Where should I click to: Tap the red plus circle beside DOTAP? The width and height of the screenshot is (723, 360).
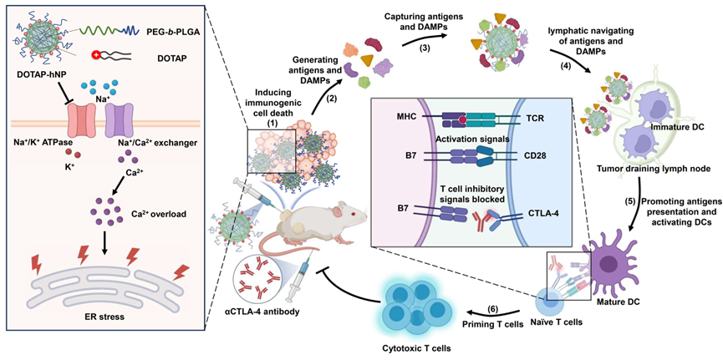tap(97, 55)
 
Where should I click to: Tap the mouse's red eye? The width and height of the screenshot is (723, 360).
tap(352, 214)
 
